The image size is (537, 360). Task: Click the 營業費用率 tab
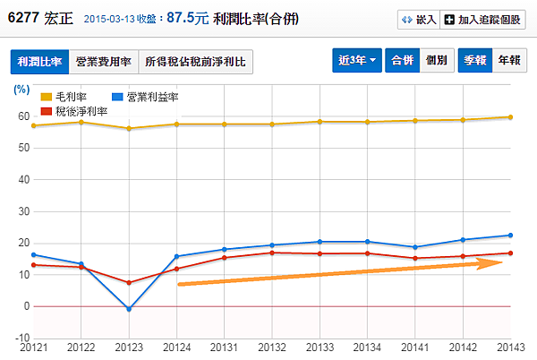pos(103,62)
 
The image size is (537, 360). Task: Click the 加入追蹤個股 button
pos(485,19)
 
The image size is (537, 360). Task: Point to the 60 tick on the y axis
pos(24,116)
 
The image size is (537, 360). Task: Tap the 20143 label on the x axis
pos(509,347)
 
